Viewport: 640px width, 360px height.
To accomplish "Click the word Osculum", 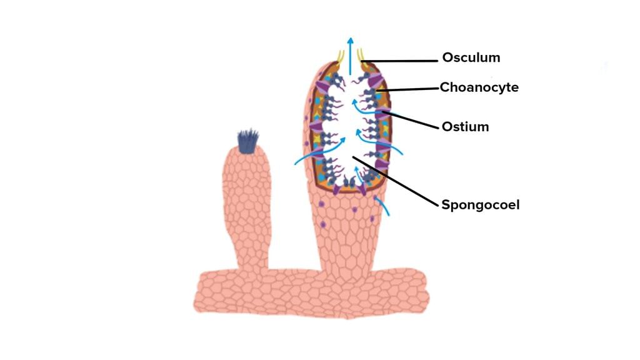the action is tap(471, 57).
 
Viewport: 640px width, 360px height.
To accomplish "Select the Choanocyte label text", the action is tap(479, 87).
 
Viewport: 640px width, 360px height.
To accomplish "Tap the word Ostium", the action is tap(465, 126).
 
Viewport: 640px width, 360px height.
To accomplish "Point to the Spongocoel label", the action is tap(481, 204).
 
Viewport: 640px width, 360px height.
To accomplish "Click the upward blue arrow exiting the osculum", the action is tap(350, 56).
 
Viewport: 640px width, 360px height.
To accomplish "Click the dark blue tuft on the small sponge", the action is tap(247, 141).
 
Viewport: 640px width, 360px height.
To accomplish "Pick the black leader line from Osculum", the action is tap(399, 61).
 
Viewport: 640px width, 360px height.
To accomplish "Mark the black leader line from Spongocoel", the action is tap(395, 181).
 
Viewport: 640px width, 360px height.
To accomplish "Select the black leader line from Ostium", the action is tap(410, 119).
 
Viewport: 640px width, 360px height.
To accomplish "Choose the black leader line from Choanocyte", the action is tap(407, 89).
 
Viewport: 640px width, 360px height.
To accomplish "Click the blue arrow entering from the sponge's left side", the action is tap(319, 151).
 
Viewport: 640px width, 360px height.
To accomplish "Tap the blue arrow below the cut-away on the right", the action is tap(382, 205).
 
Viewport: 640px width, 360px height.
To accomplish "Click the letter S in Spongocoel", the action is tap(446, 204).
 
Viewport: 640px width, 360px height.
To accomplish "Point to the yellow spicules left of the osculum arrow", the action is tap(341, 56).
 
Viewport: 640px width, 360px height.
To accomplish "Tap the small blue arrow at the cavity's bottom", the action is tap(358, 174).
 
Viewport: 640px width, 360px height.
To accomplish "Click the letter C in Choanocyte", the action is tap(445, 87).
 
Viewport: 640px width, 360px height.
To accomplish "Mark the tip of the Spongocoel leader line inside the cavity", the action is tap(352, 156).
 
